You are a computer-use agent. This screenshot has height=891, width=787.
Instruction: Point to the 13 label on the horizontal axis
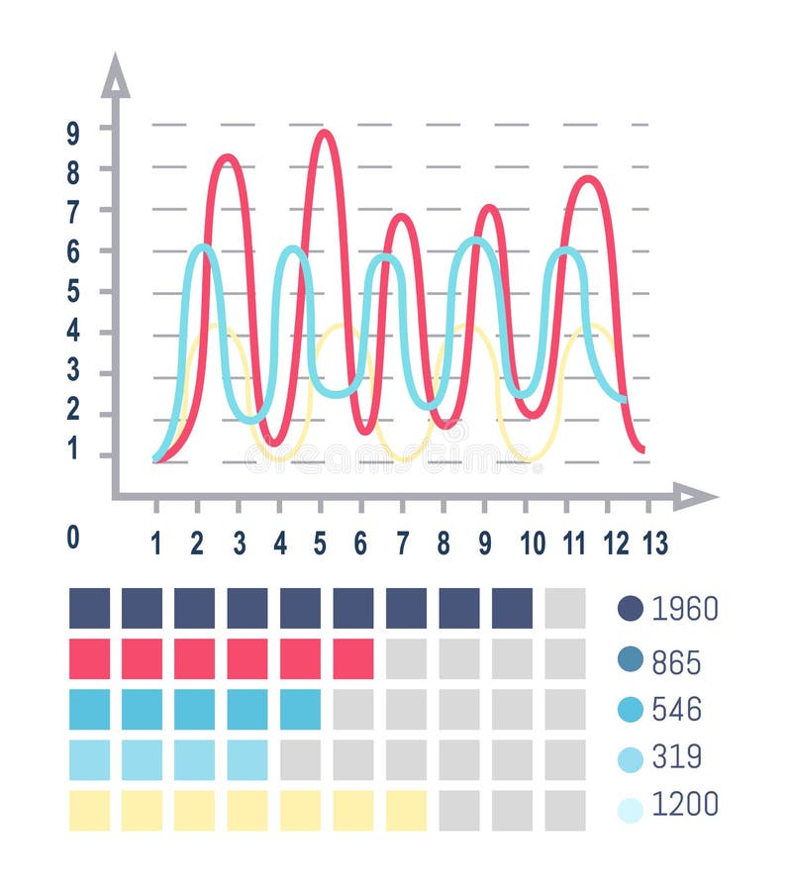point(654,542)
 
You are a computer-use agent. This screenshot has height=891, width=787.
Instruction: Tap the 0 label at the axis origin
point(73,537)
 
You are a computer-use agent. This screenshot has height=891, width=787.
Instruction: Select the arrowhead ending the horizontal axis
point(695,496)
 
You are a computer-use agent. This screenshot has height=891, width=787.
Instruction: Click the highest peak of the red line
point(323,133)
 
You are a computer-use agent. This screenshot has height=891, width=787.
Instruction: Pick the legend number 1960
point(684,608)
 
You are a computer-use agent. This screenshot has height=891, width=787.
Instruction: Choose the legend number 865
point(676,661)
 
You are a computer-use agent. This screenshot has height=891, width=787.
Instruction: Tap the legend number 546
point(676,709)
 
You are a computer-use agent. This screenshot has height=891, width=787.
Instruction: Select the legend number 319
point(676,757)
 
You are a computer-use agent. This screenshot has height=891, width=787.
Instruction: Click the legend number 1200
point(684,805)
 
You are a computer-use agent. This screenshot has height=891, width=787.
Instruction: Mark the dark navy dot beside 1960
point(631,608)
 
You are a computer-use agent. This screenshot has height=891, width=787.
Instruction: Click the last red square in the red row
point(353,658)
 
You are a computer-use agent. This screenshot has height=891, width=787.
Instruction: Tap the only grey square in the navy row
point(564,608)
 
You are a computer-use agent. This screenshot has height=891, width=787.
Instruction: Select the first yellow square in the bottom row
point(89,810)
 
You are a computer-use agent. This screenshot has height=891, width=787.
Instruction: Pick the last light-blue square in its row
point(247,759)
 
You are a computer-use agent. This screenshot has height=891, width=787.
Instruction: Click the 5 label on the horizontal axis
point(321,542)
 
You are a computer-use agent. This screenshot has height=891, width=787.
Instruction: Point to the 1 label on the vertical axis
point(73,448)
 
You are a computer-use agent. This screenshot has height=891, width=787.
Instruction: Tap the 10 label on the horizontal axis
point(532,542)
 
